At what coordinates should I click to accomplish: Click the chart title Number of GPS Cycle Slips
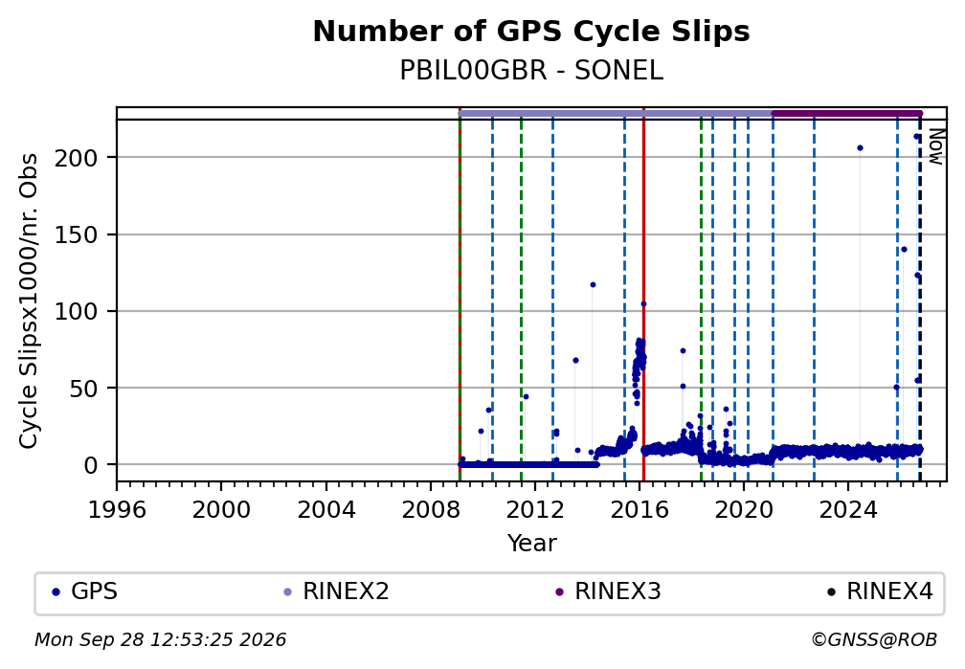click(531, 32)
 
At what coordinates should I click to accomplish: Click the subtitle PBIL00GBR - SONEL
click(531, 71)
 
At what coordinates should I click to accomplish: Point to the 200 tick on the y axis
click(77, 158)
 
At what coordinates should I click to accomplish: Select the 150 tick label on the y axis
click(77, 235)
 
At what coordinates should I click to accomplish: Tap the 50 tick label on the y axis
click(83, 389)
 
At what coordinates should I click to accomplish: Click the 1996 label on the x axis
click(117, 510)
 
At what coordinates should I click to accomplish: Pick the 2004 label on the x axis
click(326, 510)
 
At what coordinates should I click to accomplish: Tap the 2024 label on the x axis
click(847, 510)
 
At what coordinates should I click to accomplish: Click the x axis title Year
click(531, 543)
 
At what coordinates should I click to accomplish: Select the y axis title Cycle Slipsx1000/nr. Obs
click(29, 301)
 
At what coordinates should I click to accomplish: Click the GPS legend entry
click(85, 592)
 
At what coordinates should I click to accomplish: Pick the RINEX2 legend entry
click(336, 592)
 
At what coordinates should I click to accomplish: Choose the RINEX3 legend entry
click(608, 592)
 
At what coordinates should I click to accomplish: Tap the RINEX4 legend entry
click(880, 592)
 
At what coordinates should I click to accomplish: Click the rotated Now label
click(935, 146)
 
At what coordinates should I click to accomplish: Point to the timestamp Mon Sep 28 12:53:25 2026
click(161, 640)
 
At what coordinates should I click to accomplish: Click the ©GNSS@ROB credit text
click(874, 640)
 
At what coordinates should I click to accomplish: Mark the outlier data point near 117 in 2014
click(593, 285)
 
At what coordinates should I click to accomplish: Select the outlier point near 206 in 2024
click(860, 148)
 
